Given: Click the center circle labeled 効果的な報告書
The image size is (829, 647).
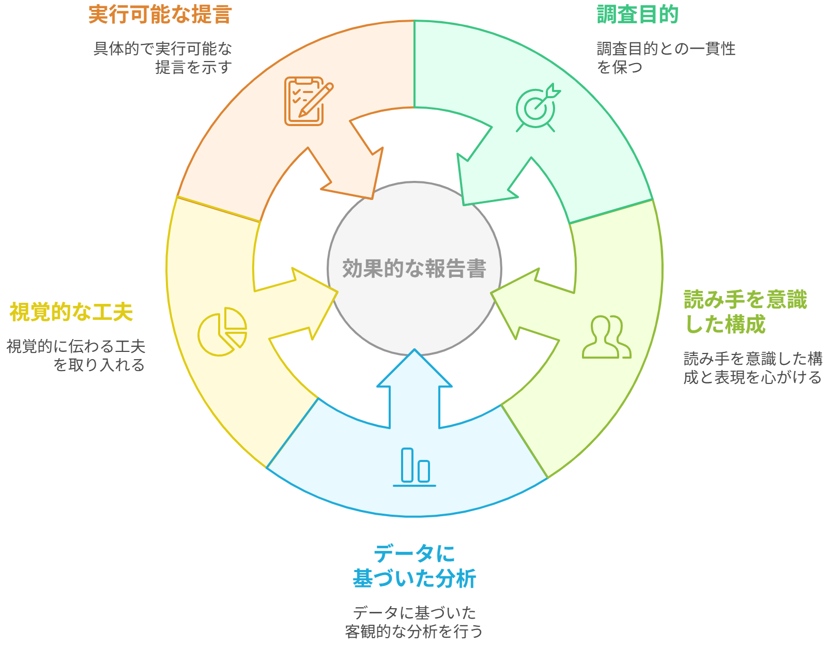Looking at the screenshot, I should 414,268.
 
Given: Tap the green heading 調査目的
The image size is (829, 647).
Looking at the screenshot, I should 637,14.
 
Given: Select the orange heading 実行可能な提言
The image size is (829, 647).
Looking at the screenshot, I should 160,14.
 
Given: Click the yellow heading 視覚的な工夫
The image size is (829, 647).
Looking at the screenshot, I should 71,312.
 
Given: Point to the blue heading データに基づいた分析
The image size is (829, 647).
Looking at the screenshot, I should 414,566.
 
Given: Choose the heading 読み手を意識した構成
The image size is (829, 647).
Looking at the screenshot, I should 745,312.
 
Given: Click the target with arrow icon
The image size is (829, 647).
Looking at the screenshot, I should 537,107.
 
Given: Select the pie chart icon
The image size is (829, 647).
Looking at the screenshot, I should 222,331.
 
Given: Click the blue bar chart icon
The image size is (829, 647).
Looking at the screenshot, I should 414,467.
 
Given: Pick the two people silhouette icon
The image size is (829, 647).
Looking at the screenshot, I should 606,337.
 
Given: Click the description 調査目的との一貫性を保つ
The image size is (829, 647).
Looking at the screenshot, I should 666,58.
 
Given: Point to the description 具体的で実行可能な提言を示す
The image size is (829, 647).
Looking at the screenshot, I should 163,58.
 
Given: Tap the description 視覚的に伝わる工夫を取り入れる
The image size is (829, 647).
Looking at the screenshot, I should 76,356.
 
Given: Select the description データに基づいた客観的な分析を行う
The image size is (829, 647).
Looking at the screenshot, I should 414,622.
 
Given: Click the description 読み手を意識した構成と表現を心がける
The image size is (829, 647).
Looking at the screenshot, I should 753,368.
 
